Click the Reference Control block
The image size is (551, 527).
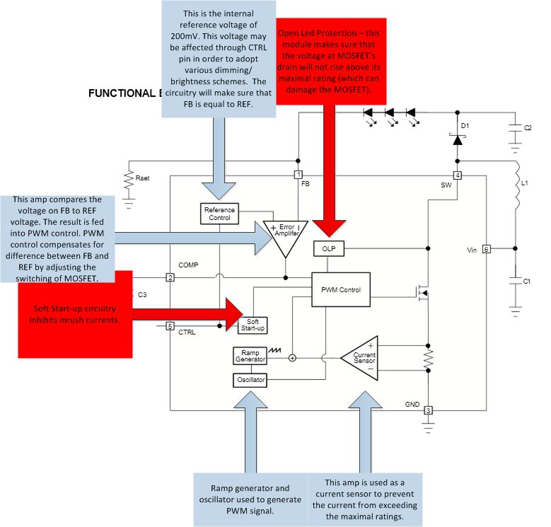219,214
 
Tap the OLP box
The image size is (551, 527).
327,248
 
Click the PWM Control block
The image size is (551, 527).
340,289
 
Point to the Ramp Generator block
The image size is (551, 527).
250,356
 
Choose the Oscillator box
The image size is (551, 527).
250,380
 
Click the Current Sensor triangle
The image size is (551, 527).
361,357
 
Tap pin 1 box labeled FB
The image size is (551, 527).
298,175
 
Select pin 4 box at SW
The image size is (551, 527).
458,175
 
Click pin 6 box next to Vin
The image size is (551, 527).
486,249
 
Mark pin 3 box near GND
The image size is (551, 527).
427,410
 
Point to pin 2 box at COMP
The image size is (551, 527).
170,277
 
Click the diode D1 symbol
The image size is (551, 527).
458,141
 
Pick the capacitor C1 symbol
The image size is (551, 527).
516,281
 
